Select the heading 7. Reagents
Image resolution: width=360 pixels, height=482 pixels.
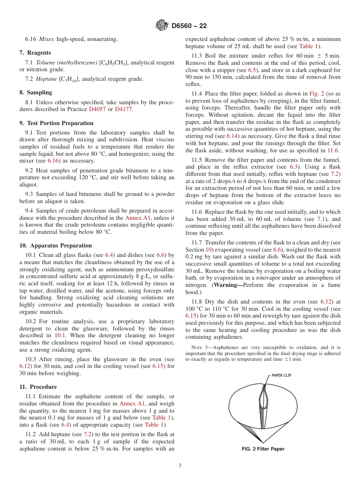click(35, 53)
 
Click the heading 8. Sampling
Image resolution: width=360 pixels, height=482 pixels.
click(36, 92)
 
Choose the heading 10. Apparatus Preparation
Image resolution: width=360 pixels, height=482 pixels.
click(55, 246)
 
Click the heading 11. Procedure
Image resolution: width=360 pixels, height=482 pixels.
click(38, 387)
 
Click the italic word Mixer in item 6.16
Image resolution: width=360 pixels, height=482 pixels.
click(47, 39)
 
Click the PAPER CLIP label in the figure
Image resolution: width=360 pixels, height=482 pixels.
click(281, 376)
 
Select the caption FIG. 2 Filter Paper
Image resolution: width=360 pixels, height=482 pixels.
click(263, 449)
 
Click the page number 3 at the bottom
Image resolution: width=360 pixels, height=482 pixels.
click(180, 466)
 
